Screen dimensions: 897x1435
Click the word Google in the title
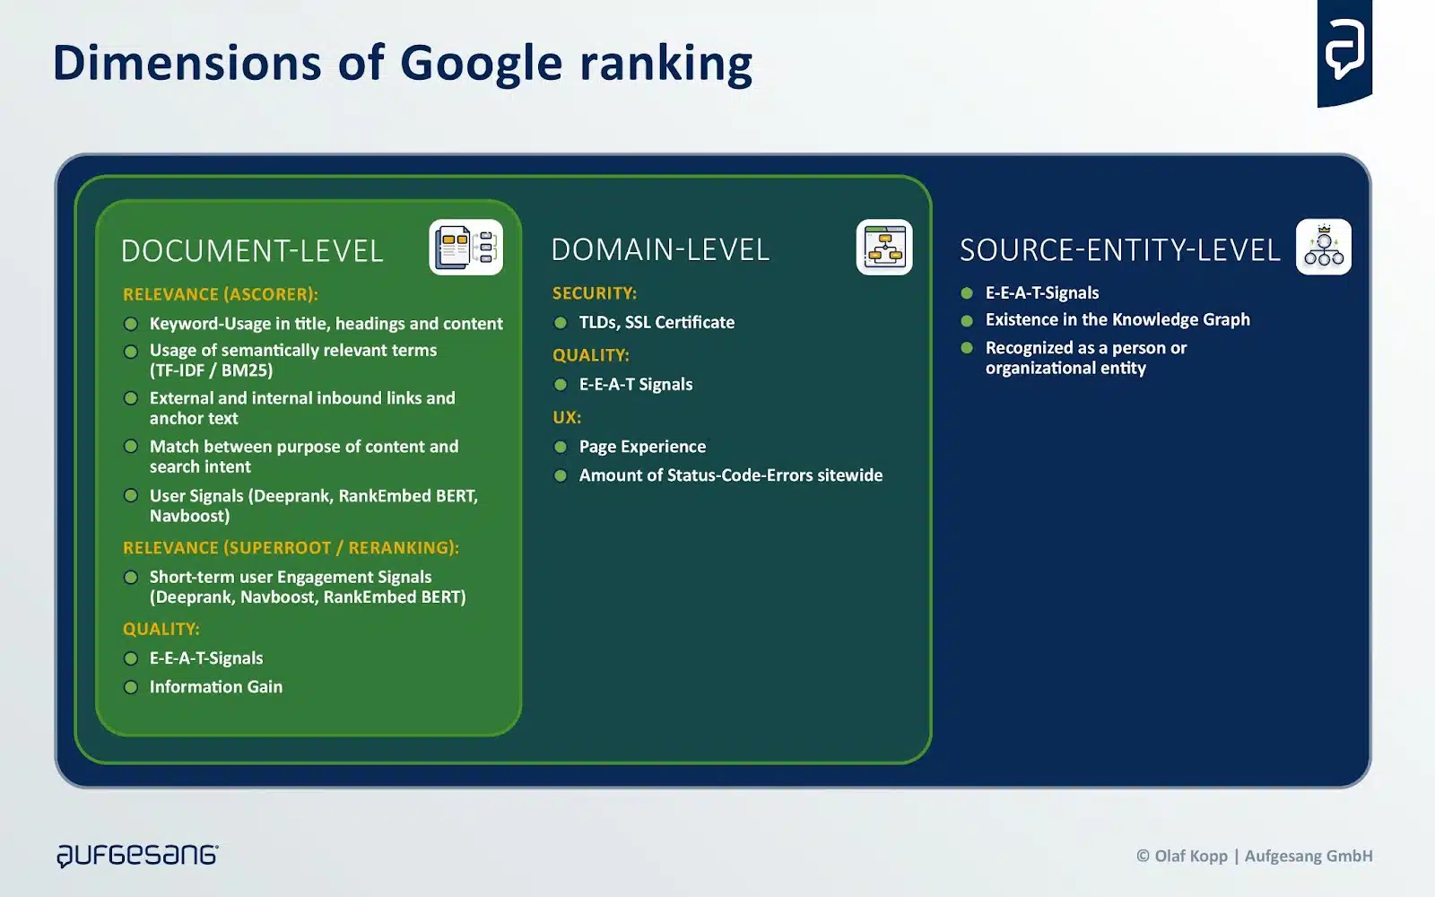point(481,65)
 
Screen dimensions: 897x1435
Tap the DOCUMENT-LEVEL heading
point(252,251)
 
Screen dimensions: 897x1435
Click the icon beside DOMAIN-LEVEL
point(884,247)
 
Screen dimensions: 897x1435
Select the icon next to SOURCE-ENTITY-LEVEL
point(1324,248)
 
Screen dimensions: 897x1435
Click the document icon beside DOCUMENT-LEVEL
point(465,247)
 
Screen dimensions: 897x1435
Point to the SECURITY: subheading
point(594,293)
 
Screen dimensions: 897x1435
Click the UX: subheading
point(566,417)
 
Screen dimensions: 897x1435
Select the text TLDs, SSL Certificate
point(657,322)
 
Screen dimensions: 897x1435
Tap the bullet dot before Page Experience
point(561,447)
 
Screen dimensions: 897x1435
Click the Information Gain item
point(215,687)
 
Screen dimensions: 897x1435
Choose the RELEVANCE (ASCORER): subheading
point(220,294)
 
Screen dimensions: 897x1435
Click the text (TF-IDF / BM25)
point(211,370)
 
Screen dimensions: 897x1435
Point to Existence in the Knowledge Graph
point(1117,319)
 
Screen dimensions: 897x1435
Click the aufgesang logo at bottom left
point(137,855)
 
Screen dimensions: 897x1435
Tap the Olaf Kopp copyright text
point(1254,856)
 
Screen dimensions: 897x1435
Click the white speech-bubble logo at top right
point(1344,49)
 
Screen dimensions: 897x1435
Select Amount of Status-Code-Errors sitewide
point(730,475)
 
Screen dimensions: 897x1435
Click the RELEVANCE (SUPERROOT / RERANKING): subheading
point(291,548)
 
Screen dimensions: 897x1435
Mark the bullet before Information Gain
point(131,687)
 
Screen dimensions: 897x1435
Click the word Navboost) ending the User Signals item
point(189,516)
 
